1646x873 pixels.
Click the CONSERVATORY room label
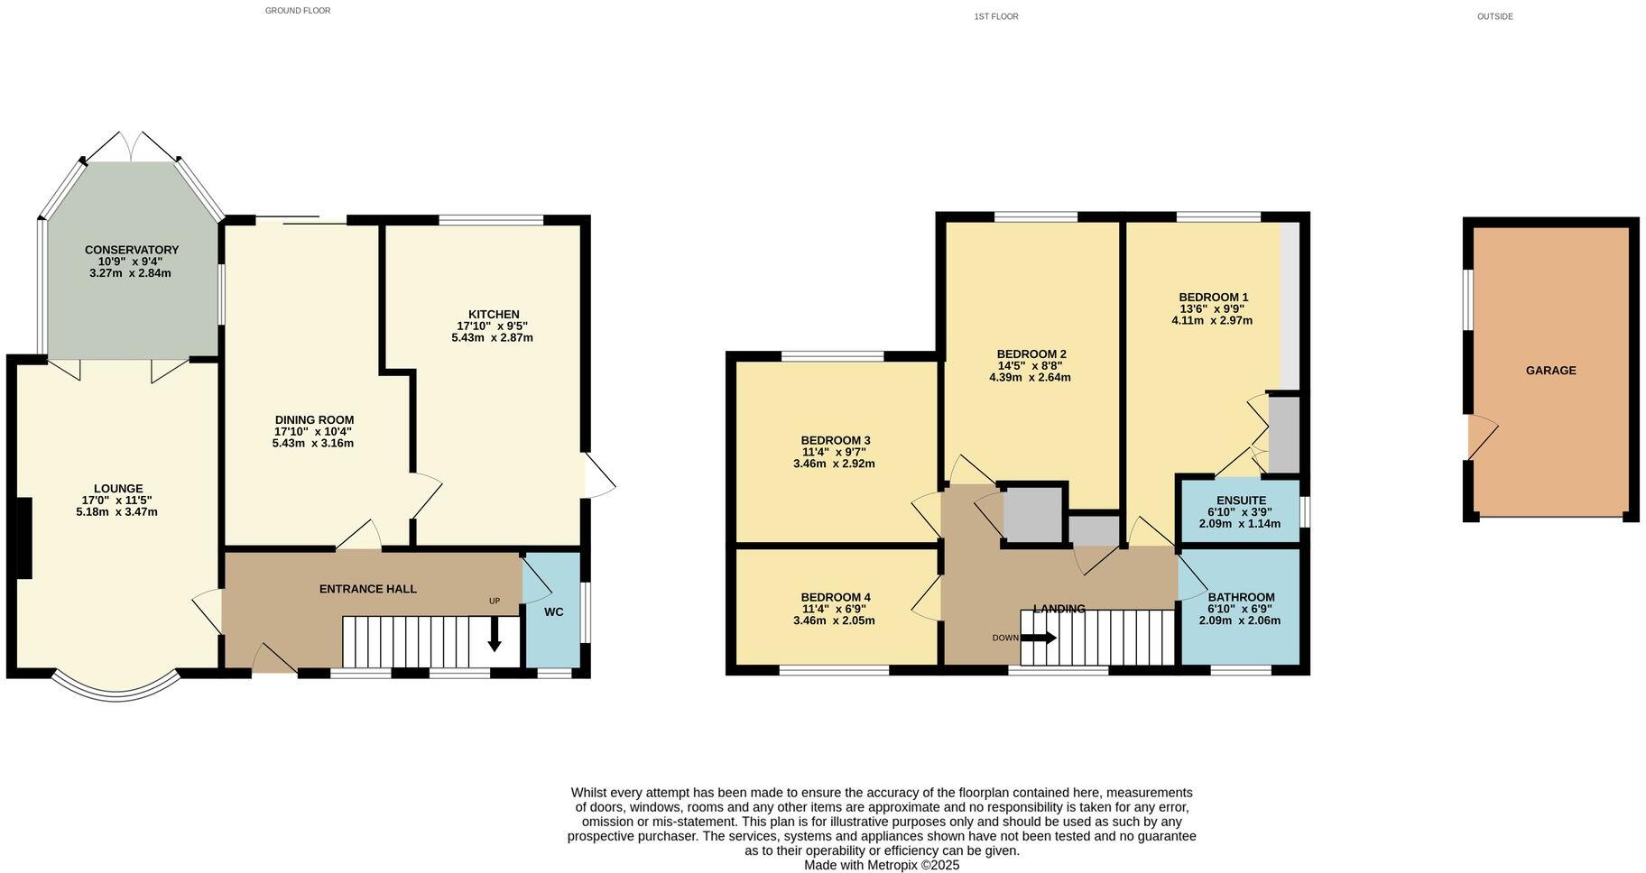132,250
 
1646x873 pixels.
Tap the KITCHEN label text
493,314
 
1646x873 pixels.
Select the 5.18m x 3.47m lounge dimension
116,512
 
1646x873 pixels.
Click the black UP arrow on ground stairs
495,633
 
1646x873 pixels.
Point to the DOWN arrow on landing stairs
1038,638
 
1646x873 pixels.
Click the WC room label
553,611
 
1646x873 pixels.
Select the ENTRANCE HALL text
367,589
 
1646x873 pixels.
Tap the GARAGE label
1550,371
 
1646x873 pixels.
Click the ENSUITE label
1240,501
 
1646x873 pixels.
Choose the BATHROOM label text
1241,597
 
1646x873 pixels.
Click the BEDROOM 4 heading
835,597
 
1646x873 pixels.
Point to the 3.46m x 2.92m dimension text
833,464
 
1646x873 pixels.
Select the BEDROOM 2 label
1031,354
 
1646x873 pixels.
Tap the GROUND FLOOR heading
297,11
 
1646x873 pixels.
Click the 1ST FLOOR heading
995,16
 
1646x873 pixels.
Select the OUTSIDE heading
1494,16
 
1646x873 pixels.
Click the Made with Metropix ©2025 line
881,865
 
